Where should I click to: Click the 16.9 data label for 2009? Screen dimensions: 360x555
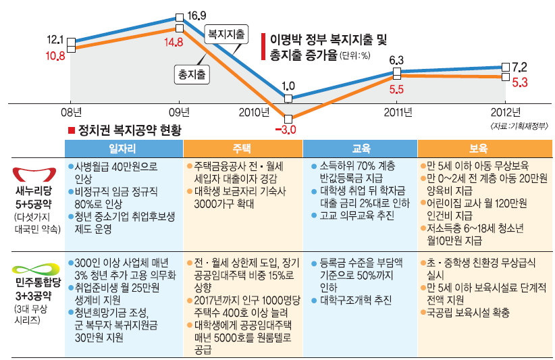pyautogui.click(x=196, y=16)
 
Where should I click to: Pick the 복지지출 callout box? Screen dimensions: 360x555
pyautogui.click(x=226, y=32)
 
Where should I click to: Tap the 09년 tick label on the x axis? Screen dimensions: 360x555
pyautogui.click(x=179, y=112)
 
